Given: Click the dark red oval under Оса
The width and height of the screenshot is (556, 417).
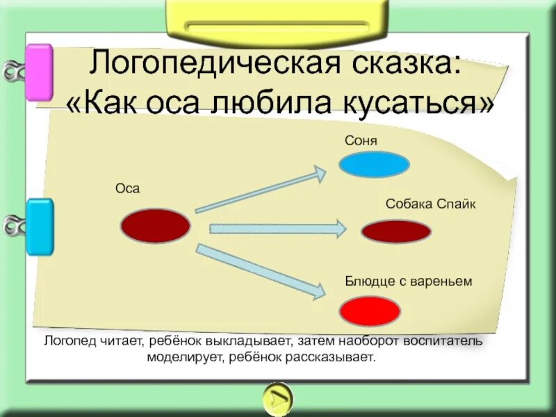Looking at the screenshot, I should click(x=155, y=226).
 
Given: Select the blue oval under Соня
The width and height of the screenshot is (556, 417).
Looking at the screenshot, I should click(x=374, y=165).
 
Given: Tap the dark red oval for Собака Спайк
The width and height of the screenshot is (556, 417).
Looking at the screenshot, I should click(x=396, y=231).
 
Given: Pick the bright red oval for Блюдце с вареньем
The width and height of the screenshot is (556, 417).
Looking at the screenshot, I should click(x=370, y=310).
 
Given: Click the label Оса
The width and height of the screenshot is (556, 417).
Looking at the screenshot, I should click(x=127, y=188).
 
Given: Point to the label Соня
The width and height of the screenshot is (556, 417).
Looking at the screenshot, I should click(x=361, y=140).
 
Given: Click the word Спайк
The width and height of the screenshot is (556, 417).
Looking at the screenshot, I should click(x=457, y=204).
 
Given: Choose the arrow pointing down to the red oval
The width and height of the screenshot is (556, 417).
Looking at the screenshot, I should click(x=261, y=271).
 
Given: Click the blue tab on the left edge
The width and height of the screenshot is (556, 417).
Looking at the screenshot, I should click(x=40, y=227).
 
